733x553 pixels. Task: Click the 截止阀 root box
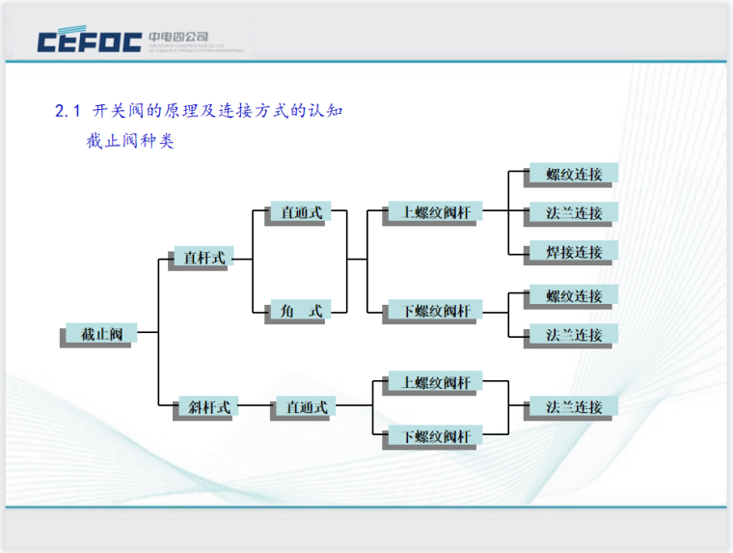coord(101,334)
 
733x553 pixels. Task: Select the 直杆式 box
coord(204,258)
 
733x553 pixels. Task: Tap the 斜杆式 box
coord(204,407)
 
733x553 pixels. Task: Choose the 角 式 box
coord(301,311)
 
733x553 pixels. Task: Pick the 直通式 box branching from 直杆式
coord(301,212)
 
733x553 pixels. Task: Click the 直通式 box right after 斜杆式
coord(306,407)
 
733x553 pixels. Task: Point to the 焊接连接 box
coord(573,252)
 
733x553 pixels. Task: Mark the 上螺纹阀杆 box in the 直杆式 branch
coord(435,212)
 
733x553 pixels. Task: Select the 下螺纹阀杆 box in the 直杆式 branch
coord(435,311)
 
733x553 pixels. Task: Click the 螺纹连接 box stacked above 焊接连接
coord(573,175)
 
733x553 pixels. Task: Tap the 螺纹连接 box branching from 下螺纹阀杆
coord(573,295)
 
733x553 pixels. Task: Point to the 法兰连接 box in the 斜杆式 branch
coord(573,406)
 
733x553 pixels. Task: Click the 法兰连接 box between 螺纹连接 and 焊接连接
coord(573,212)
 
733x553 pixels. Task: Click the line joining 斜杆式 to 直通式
coord(255,407)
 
